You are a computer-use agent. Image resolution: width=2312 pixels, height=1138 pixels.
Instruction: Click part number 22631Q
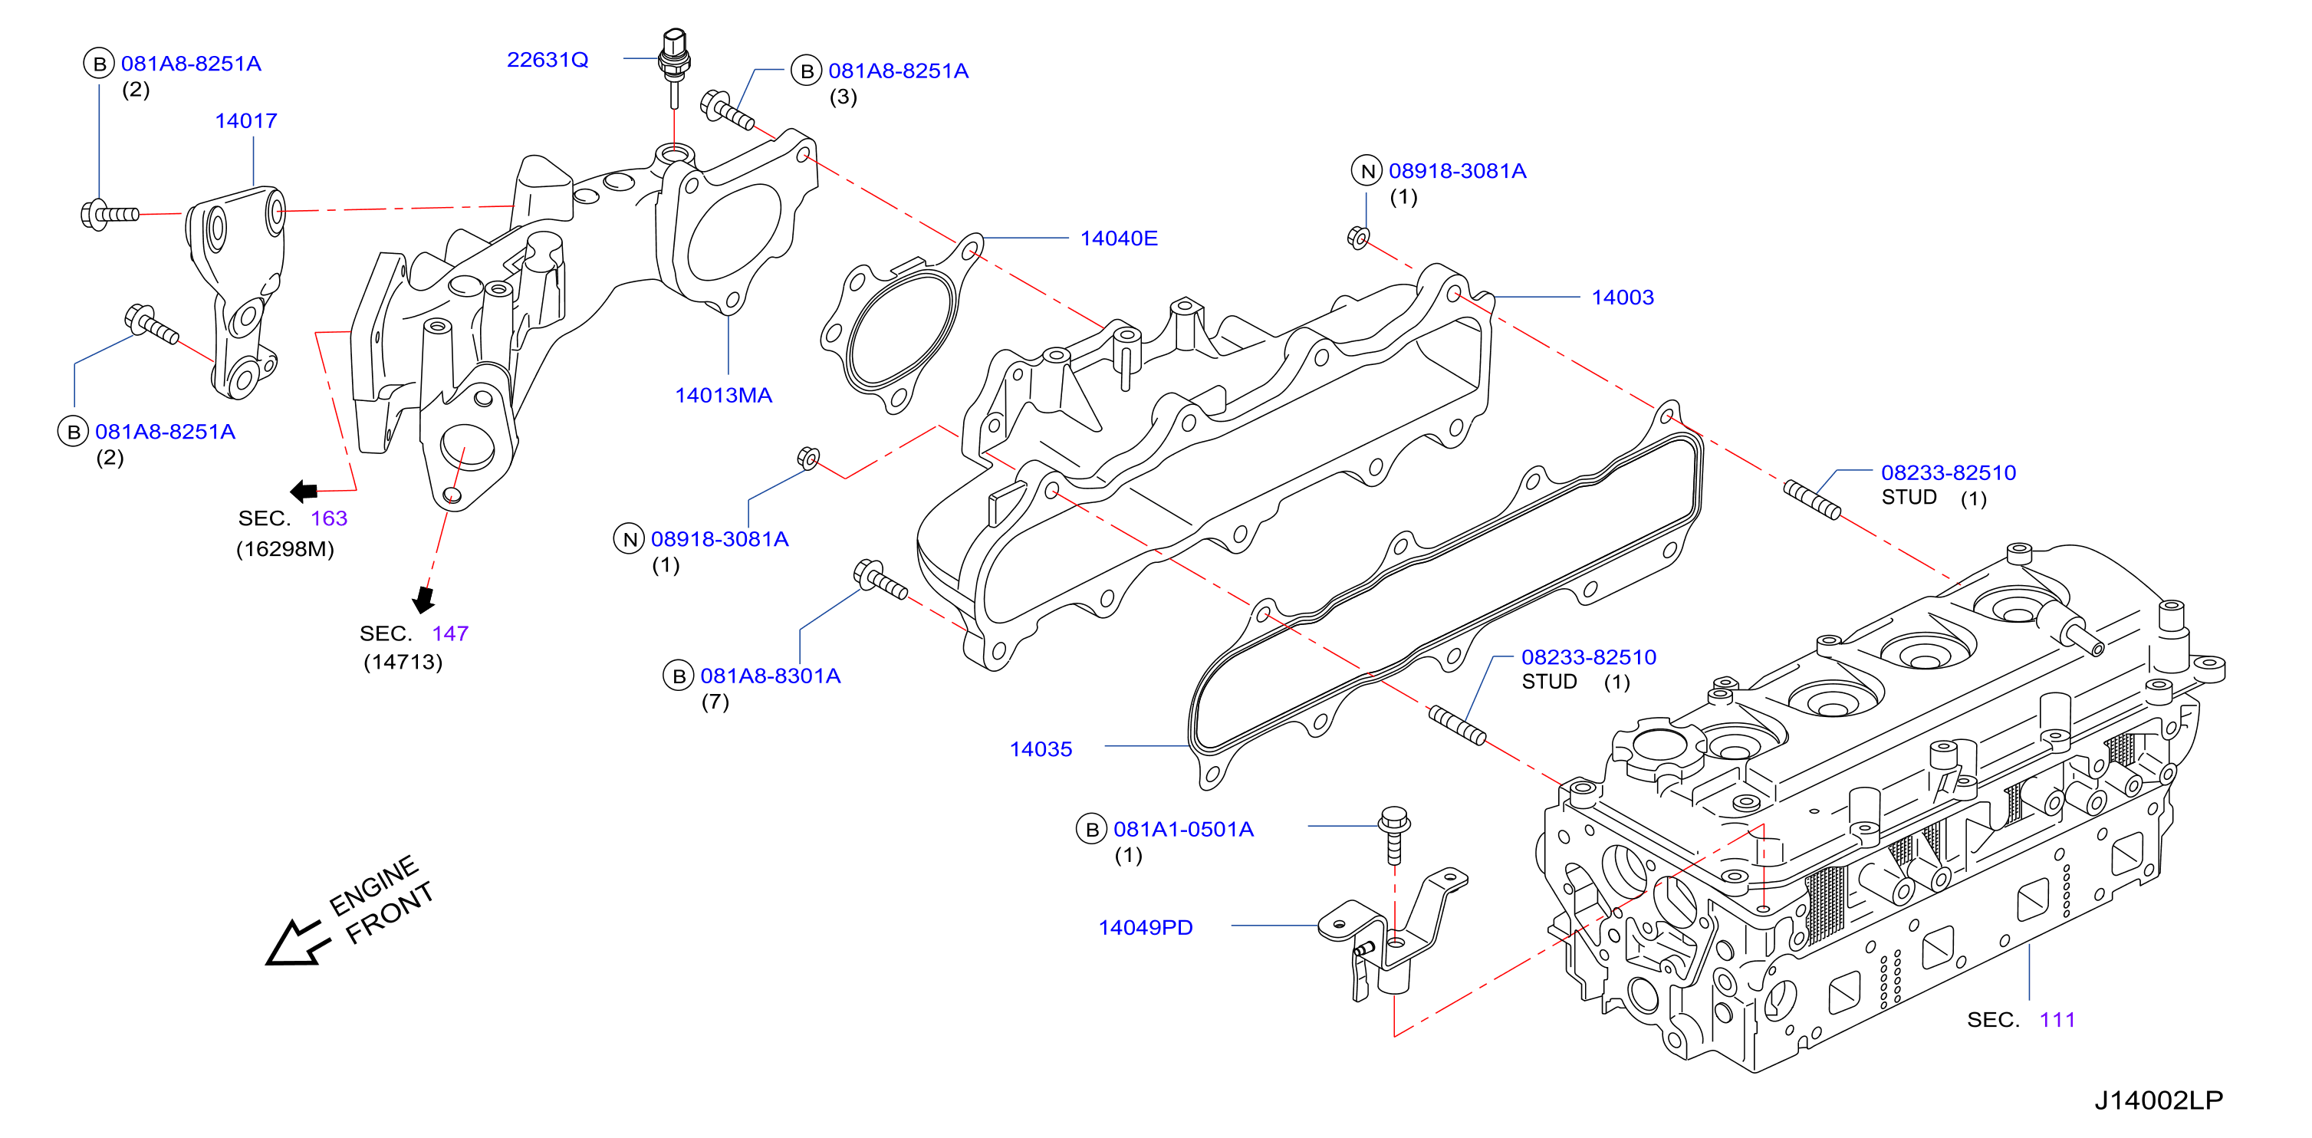[x=548, y=60]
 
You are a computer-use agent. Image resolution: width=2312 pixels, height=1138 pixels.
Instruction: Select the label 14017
[x=246, y=121]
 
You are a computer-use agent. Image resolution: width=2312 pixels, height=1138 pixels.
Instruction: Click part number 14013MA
[x=723, y=396]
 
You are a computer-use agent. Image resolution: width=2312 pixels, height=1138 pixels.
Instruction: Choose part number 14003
[x=1622, y=298]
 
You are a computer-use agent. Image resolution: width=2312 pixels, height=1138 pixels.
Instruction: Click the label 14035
[x=1041, y=749]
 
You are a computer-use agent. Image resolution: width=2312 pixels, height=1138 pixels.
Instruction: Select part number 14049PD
[x=1145, y=928]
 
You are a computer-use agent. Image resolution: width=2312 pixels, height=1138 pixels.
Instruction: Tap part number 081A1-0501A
[x=1183, y=829]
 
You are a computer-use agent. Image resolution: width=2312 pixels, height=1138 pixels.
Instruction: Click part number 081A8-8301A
[x=770, y=676]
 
